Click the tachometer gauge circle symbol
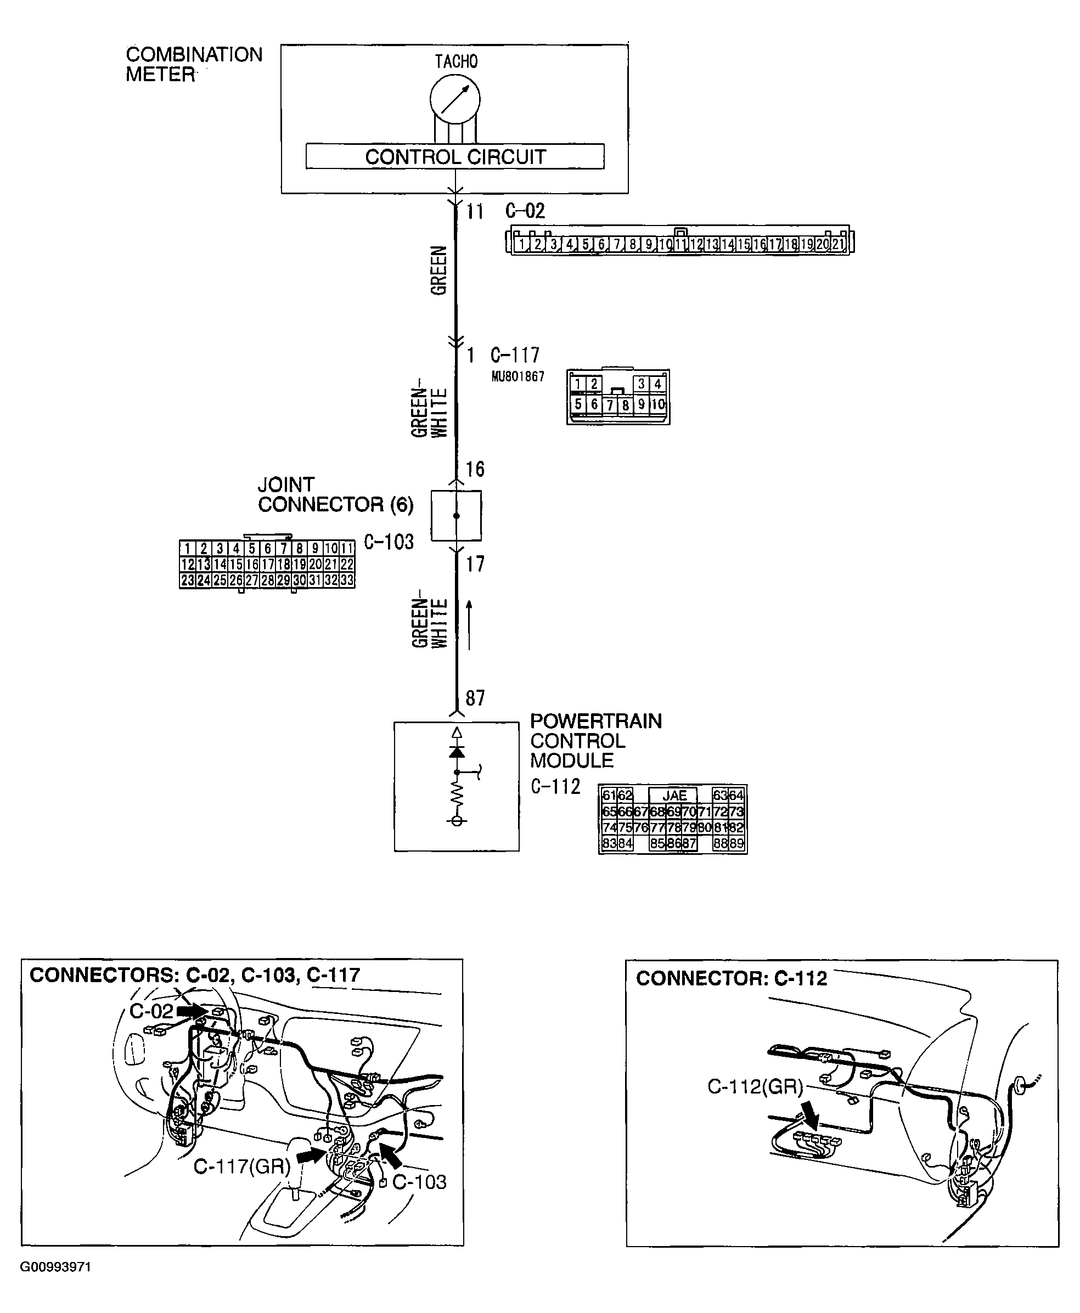pos(455,99)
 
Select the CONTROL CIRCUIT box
pos(455,157)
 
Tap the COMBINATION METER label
pos(194,64)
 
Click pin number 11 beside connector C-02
pos(475,212)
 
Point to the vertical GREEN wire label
pos(439,270)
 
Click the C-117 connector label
pos(515,355)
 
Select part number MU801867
pos(517,376)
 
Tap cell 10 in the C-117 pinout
pos(657,405)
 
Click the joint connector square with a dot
pos(456,516)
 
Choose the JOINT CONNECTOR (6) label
pos(335,494)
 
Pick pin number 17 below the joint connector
pos(475,564)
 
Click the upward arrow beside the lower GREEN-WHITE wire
pos(469,624)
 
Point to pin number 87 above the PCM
pos(475,698)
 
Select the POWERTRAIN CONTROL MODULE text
pos(595,741)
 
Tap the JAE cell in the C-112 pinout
pos(674,796)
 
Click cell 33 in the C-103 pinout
pos(346,581)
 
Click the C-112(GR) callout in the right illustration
pos(755,1086)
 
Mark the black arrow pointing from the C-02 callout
pos(190,1011)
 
